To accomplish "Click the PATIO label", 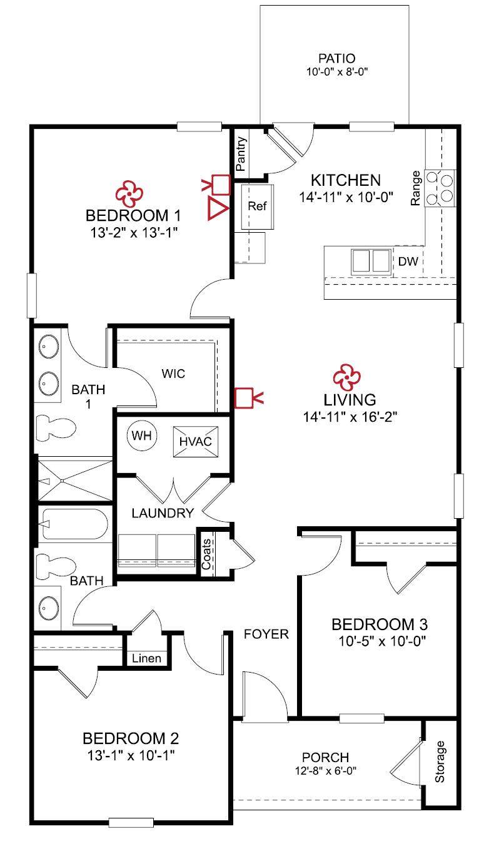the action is (x=337, y=58).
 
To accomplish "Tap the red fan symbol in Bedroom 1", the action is (x=129, y=194).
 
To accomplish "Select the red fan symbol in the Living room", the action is (x=347, y=377).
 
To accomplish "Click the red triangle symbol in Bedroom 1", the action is (x=218, y=208).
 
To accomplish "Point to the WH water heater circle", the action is (x=142, y=436).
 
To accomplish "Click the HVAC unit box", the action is (x=196, y=442).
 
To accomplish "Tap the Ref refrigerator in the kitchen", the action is (x=257, y=206).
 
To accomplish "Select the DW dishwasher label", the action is (x=408, y=262).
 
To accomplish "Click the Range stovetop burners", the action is (x=440, y=188).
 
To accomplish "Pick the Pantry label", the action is (x=241, y=154).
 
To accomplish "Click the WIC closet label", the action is (x=173, y=374).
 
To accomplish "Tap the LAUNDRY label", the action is (x=163, y=513).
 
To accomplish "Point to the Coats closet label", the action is (x=206, y=554).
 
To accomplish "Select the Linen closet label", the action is (x=146, y=658).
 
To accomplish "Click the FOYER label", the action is (x=266, y=634).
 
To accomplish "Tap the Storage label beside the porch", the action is (x=440, y=762).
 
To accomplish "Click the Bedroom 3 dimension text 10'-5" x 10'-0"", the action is (x=383, y=641).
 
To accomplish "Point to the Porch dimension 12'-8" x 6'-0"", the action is (x=326, y=771).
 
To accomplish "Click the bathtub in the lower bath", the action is (x=74, y=524).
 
